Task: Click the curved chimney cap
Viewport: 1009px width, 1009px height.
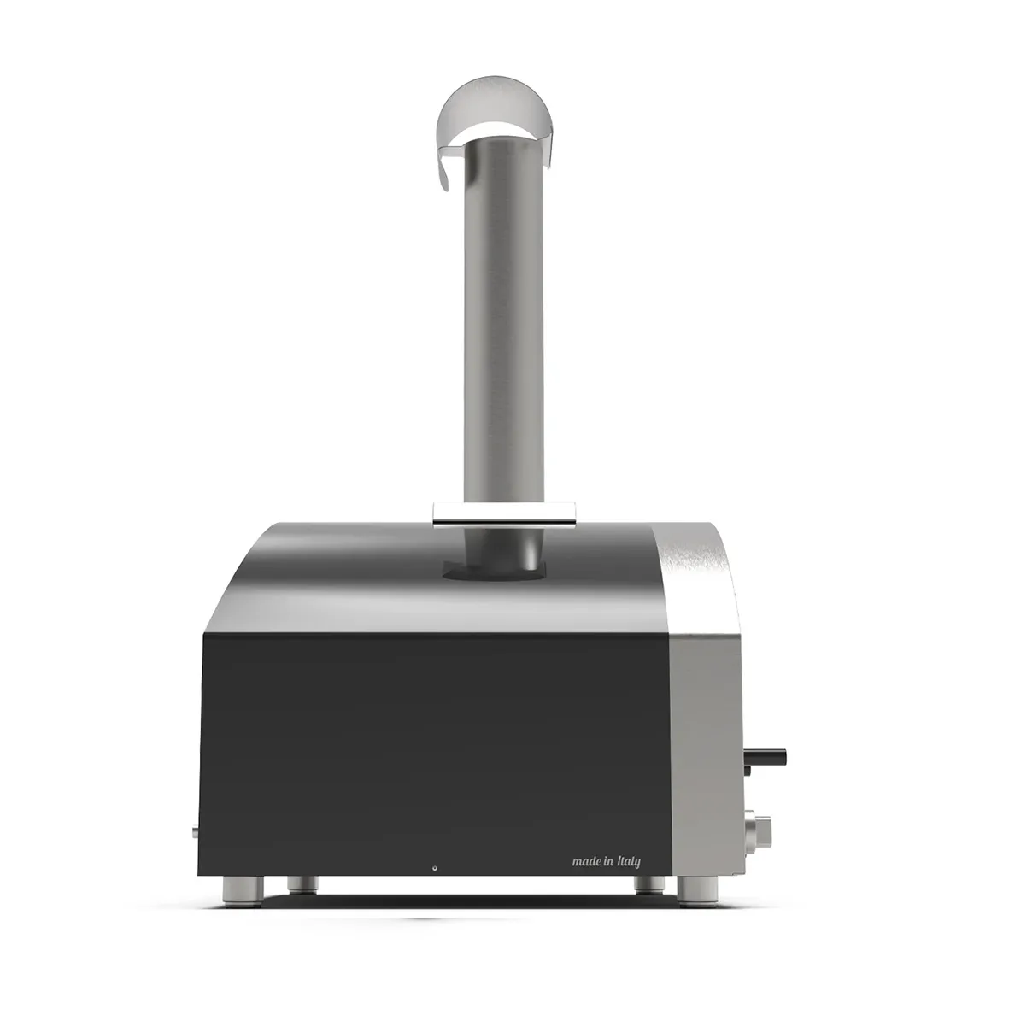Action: click(494, 104)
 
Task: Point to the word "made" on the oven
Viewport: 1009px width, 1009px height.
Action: click(585, 861)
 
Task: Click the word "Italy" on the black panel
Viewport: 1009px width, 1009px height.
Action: click(629, 862)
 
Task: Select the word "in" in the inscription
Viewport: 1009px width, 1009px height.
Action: click(609, 862)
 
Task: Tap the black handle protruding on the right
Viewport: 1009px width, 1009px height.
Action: click(766, 758)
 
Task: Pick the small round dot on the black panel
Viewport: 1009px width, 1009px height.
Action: click(435, 867)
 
